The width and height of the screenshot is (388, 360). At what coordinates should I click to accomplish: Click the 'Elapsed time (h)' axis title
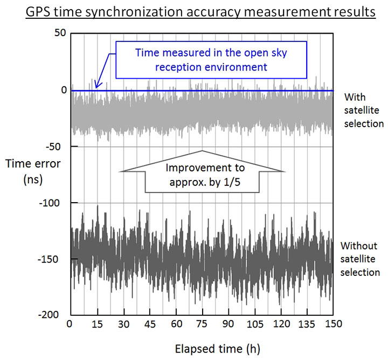[202, 348]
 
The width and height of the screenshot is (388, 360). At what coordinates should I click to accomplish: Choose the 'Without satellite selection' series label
[361, 259]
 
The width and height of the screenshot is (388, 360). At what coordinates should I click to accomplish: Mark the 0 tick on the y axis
[64, 90]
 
